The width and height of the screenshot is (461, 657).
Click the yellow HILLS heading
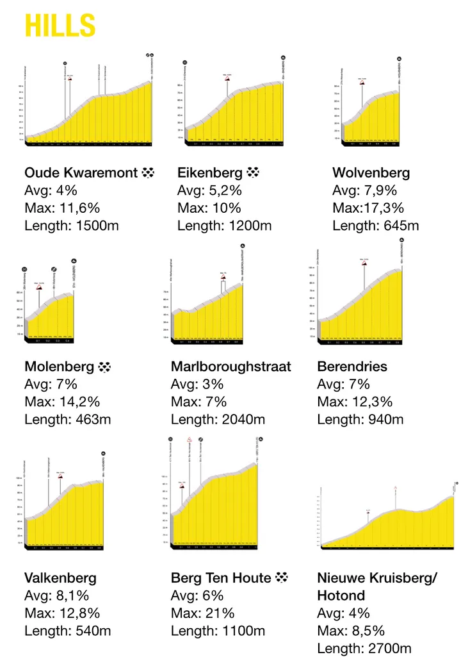tap(60, 26)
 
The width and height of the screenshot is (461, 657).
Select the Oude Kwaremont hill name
tap(81, 172)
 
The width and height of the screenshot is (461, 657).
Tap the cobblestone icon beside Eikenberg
tap(254, 172)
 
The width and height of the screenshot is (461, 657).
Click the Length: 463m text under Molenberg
tap(68, 420)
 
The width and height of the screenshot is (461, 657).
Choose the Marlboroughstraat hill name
tap(230, 367)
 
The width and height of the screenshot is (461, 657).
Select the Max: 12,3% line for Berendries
tap(355, 402)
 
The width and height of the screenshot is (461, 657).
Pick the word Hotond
tap(341, 595)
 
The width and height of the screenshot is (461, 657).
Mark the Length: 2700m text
tap(364, 648)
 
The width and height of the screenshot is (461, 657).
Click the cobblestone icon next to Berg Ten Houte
tap(281, 578)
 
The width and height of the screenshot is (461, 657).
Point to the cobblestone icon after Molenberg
tap(105, 367)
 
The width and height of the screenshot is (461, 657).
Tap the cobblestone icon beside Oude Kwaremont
tap(148, 172)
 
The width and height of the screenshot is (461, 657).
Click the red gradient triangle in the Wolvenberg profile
tap(362, 83)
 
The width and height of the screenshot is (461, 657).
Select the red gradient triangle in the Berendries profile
tap(364, 262)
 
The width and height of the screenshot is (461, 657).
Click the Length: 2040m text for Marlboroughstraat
tap(218, 420)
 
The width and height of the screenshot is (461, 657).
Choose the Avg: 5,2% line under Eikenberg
tap(209, 190)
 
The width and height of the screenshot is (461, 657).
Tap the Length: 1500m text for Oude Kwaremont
tap(71, 226)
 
